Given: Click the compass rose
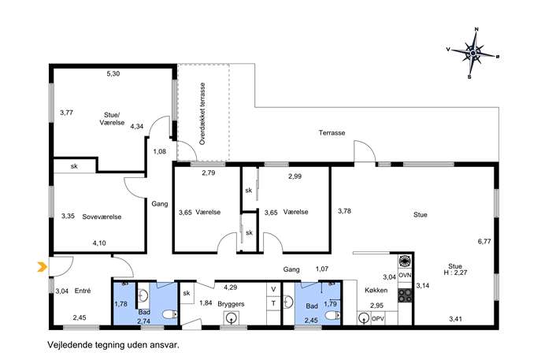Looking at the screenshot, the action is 473,53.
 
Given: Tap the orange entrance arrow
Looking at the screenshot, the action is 42,266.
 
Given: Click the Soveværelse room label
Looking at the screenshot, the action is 102,217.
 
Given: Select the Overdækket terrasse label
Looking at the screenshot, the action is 202,113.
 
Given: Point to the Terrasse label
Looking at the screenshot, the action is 332,133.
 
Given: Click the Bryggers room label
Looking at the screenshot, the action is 231,304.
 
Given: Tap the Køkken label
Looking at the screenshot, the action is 376,290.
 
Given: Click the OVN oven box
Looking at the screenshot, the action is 405,276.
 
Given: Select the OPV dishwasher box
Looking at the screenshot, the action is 378,318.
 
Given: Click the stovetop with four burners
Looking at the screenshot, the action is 405,296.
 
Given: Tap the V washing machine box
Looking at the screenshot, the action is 273,289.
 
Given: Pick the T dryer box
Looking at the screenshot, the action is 273,303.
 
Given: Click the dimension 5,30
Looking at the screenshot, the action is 113,73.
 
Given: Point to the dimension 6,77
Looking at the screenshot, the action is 484,242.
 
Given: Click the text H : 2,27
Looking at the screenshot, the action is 455,273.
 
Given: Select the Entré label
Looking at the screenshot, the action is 83,291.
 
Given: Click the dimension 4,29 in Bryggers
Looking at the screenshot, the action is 230,288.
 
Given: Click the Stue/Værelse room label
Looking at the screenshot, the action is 112,119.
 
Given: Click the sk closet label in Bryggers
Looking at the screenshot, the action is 187,293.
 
